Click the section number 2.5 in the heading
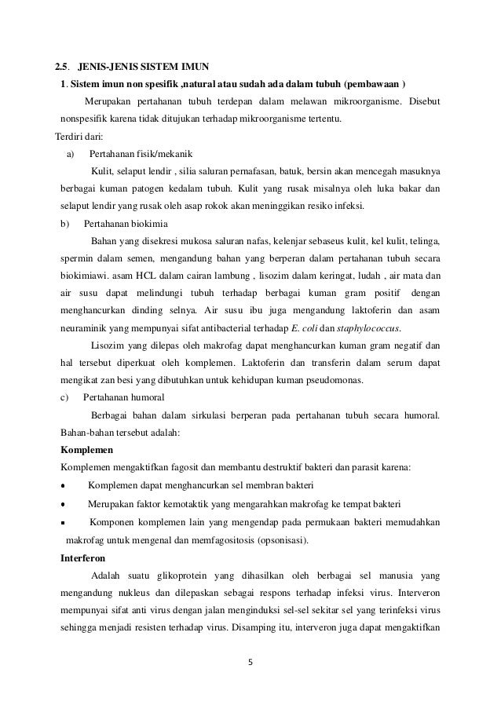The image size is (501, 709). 59,64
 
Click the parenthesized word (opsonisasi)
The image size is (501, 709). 283,540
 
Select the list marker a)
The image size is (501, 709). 70,154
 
